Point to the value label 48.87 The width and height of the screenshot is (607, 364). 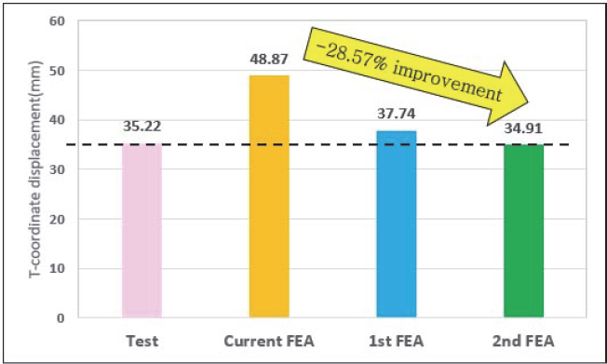pos(269,60)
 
